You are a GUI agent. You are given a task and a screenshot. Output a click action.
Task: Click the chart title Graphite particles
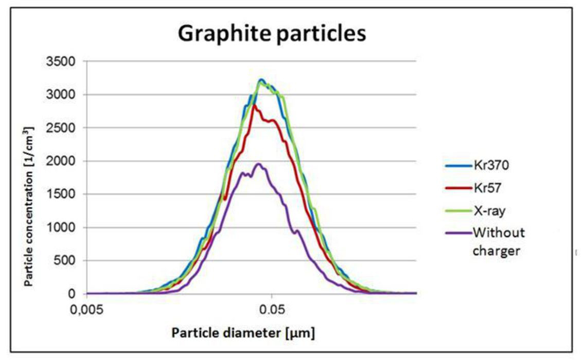(x=272, y=34)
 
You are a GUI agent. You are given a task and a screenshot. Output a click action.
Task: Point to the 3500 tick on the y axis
(x=64, y=61)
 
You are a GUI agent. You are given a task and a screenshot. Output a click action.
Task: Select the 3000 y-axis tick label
(x=64, y=95)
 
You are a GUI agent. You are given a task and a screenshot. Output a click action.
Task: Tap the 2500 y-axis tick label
(x=64, y=128)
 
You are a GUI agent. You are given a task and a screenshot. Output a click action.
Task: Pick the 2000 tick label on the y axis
(x=64, y=161)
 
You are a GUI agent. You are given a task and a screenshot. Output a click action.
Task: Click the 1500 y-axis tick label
(x=64, y=194)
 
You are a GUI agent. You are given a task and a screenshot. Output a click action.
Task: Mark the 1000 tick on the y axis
(x=64, y=227)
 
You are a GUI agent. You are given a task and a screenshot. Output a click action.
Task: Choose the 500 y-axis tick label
(x=67, y=261)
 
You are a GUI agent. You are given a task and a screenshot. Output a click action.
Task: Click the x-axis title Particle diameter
(x=243, y=333)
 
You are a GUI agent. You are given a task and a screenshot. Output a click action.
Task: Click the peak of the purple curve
(x=259, y=164)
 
